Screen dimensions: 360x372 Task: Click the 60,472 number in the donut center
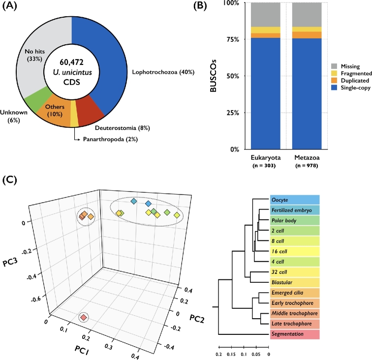point(72,62)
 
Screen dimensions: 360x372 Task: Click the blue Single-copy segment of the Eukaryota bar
point(265,93)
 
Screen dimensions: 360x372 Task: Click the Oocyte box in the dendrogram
point(295,200)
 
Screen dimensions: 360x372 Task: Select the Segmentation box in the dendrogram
point(295,334)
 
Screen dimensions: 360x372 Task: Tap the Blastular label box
point(295,282)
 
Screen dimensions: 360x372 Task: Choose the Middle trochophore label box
point(295,313)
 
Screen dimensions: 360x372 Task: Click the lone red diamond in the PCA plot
point(83,318)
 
